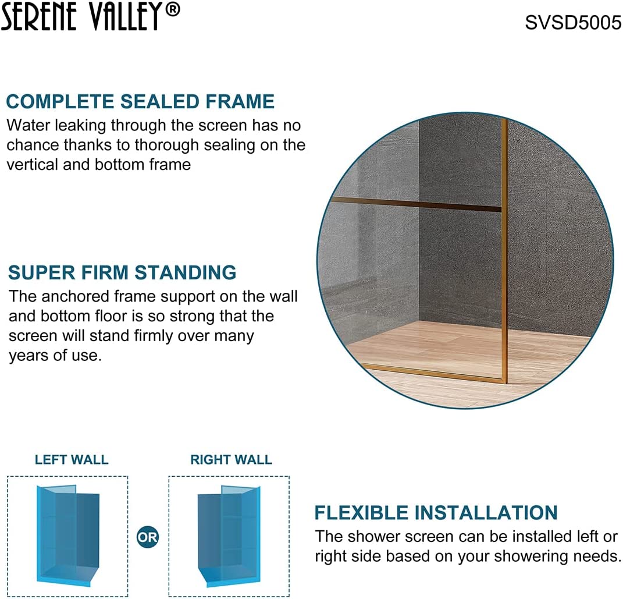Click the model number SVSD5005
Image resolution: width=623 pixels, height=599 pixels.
573,23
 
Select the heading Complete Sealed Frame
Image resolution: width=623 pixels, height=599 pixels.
140,101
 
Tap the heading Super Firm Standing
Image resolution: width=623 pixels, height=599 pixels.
122,272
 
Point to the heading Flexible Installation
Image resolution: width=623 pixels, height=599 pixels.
436,513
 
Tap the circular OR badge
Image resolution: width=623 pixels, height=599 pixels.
148,536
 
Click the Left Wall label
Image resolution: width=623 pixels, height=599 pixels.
72,460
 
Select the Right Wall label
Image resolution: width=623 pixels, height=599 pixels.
231,460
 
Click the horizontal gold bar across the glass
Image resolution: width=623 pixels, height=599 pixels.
416,205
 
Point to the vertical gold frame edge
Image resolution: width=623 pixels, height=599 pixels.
504,250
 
